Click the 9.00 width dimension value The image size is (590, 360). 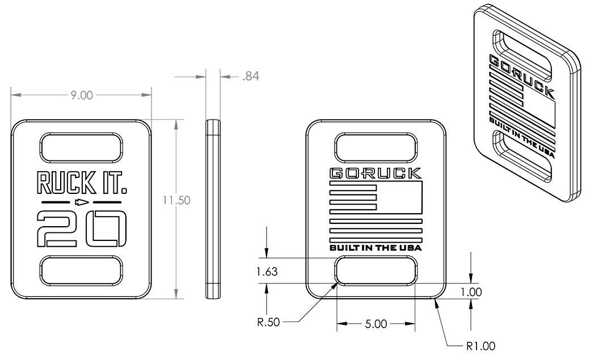pos(81,95)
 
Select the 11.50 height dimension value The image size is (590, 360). pos(176,200)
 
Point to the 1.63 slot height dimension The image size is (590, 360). pos(266,272)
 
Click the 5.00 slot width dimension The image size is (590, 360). pos(376,324)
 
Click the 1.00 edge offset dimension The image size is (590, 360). pos(471,292)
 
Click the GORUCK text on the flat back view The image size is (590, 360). pos(376,173)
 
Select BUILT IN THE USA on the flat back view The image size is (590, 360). pos(376,247)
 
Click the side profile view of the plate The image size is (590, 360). pos(213,209)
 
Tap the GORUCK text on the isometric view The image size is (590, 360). pos(522,74)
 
